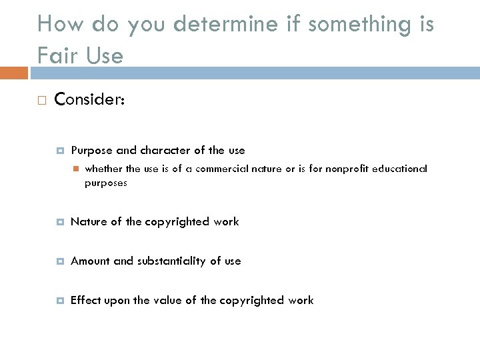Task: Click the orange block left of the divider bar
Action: pyautogui.click(x=14, y=71)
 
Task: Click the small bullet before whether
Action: pyautogui.click(x=77, y=169)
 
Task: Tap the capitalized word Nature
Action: pyautogui.click(x=87, y=221)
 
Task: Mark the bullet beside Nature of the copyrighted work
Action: pyautogui.click(x=59, y=221)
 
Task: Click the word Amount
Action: pyautogui.click(x=89, y=261)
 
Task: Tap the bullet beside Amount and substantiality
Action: pyautogui.click(x=59, y=261)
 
